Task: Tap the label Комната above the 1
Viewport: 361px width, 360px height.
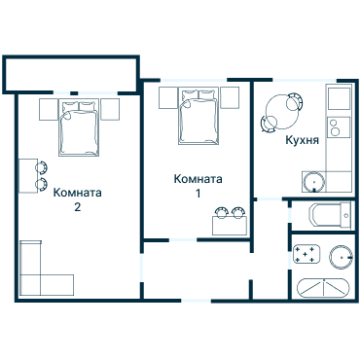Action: tap(199, 179)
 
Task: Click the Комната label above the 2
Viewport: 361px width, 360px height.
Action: tap(78, 192)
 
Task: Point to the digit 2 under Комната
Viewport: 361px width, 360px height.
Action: tap(78, 206)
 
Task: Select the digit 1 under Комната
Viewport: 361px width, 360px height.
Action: tap(199, 194)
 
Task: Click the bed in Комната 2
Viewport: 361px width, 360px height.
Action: tap(78, 127)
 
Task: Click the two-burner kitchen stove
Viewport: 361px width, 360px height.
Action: tap(337, 126)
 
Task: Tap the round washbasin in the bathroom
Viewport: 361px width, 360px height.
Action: tap(340, 256)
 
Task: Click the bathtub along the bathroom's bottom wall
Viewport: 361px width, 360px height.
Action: tap(323, 288)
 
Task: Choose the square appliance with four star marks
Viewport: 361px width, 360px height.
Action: tap(307, 255)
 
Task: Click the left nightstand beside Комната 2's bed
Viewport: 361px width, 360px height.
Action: tap(48, 108)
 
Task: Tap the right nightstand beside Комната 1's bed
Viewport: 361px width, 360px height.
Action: tap(231, 97)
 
